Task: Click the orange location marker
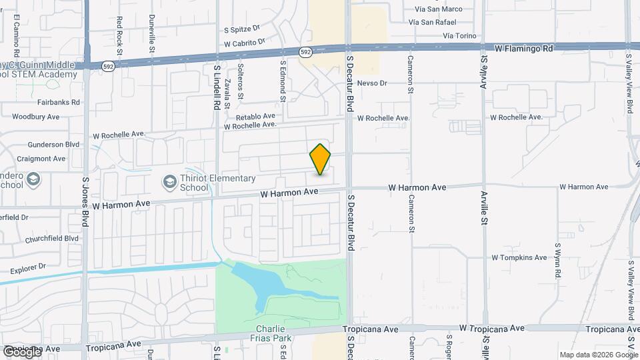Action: coord(320,159)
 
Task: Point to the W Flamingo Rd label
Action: coord(524,49)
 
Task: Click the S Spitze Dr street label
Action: coord(241,30)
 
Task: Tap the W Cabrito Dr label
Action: coord(245,43)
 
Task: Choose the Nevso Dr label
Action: coord(372,83)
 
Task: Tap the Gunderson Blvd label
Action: coord(54,145)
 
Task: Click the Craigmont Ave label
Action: coord(41,159)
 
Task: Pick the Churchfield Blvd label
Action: coord(52,239)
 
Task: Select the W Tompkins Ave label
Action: coord(519,257)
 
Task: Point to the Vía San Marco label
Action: coord(438,9)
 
